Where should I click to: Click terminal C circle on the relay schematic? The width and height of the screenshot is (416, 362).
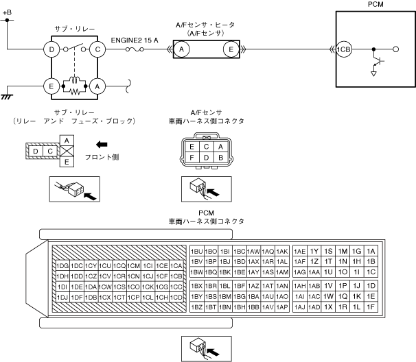[98, 49]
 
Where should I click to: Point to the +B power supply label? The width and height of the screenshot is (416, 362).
[8, 13]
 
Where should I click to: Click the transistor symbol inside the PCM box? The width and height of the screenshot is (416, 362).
[376, 61]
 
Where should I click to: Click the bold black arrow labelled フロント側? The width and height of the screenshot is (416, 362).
[102, 145]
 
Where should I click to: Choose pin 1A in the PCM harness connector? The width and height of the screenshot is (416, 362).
[371, 251]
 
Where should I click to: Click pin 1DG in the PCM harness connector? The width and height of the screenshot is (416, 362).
[61, 265]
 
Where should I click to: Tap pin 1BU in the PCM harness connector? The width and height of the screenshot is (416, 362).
[196, 251]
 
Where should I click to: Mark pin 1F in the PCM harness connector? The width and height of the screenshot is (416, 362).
[371, 306]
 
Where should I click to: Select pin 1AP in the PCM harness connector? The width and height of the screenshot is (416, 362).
[281, 306]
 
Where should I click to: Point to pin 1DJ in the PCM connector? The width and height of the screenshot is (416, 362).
[61, 297]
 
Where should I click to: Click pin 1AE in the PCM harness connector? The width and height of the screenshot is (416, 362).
[299, 251]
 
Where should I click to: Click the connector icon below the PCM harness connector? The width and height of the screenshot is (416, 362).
[206, 347]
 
